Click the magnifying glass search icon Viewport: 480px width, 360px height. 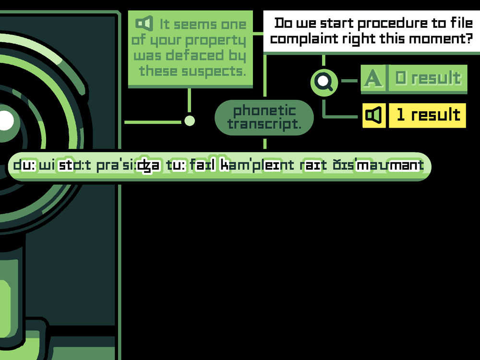(x=324, y=82)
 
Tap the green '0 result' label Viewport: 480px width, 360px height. (x=428, y=78)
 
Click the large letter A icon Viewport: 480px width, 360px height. (x=373, y=78)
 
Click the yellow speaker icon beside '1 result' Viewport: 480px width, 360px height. (x=374, y=115)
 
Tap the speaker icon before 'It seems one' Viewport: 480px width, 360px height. (x=144, y=23)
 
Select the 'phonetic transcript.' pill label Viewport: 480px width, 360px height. (x=264, y=118)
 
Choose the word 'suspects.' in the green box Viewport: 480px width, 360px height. (x=214, y=72)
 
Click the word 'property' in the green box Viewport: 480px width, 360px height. (x=216, y=41)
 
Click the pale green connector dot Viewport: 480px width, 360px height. (x=190, y=120)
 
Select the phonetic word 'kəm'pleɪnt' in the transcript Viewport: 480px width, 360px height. (x=257, y=165)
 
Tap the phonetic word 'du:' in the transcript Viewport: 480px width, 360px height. (x=25, y=165)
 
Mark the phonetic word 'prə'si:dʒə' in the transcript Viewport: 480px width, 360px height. (x=128, y=166)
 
